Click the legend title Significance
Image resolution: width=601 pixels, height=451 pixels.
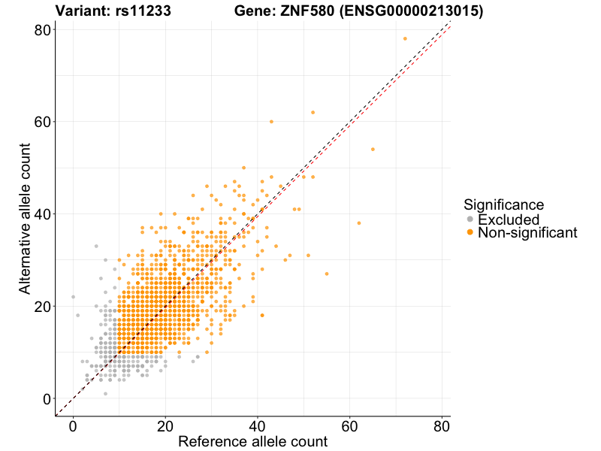pos(503,204)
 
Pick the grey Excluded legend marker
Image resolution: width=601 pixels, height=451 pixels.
pos(470,219)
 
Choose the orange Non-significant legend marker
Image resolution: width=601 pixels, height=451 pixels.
pos(470,233)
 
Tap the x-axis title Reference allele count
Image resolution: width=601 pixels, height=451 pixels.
pos(252,441)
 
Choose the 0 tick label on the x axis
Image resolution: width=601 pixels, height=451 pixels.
pos(73,425)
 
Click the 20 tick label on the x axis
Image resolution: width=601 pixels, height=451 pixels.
pos(165,425)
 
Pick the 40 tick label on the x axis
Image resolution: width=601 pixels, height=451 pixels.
pos(258,425)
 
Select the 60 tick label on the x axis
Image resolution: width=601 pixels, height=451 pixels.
pos(349,425)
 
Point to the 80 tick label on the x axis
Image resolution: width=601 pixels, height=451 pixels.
pos(441,425)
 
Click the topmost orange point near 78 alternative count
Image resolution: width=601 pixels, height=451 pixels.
pos(405,38)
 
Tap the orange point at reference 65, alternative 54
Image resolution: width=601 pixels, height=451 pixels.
pos(373,149)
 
